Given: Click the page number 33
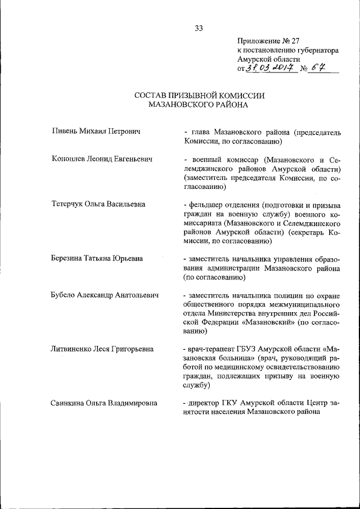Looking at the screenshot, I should [199, 29].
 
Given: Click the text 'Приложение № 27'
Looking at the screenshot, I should [269, 41].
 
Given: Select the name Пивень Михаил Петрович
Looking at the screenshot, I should [95, 131].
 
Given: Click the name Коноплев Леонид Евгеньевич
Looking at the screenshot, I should [102, 159].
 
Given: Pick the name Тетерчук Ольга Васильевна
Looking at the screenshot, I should [98, 204].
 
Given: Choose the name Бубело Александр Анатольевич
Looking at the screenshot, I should [105, 295].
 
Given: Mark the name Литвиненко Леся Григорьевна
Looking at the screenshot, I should [102, 349].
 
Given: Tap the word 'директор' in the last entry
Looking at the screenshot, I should [205, 403].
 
